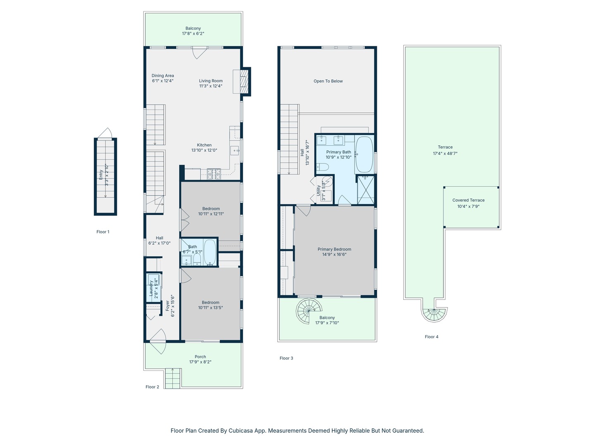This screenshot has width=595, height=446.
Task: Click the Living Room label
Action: point(211,81)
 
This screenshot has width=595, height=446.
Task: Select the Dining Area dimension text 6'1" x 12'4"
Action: point(163,81)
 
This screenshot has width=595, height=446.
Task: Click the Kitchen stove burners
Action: point(214,174)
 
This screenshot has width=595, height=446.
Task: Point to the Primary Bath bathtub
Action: point(364,154)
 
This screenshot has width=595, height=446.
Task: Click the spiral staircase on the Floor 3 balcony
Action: point(309,311)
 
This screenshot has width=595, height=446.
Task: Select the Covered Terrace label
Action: point(469,200)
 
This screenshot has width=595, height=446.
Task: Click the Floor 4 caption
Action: point(431,337)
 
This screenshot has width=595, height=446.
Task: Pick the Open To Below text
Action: point(328,81)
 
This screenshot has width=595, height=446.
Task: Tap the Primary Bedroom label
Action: point(334,249)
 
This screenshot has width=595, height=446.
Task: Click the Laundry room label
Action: point(151,288)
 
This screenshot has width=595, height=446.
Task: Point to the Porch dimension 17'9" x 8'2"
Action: point(200,362)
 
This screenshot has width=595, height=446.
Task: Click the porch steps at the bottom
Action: point(173,378)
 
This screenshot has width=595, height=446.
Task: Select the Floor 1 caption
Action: point(103,232)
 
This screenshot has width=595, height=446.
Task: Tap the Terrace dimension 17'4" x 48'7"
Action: point(445,153)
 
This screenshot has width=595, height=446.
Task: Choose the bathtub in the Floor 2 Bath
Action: point(210,252)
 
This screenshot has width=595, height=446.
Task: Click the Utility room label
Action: point(318,190)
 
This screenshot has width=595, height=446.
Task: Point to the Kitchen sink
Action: point(234,151)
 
